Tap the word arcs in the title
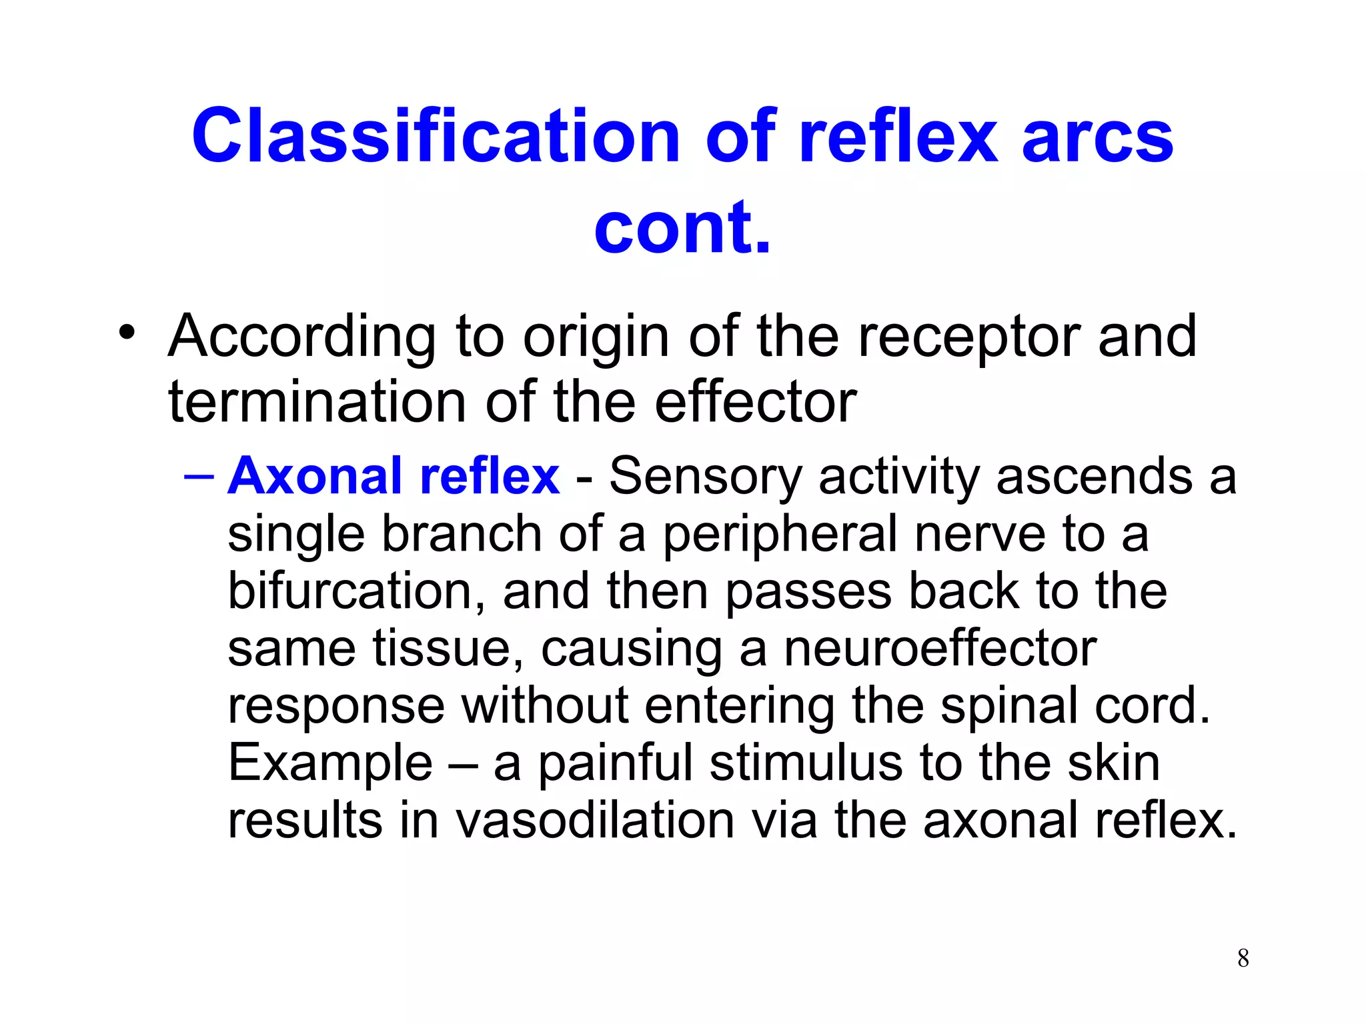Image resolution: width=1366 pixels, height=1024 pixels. coord(1097,137)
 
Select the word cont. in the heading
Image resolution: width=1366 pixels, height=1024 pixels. coord(682,227)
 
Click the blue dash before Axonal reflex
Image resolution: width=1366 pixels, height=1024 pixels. coord(199,476)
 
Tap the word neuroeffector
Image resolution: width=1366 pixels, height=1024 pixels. coord(940,649)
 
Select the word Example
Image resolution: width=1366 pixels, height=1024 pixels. coord(330,764)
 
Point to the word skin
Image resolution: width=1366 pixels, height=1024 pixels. coord(1113,763)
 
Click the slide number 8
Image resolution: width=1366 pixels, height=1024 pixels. coord(1243,958)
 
